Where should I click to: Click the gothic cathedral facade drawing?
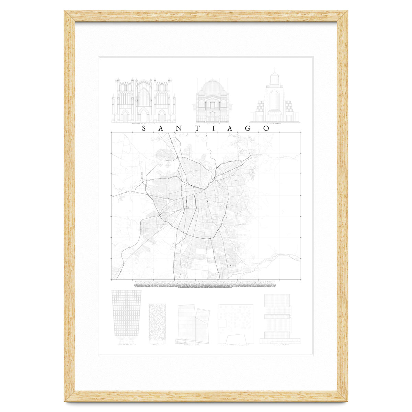click(144, 100)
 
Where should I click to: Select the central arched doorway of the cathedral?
click(144, 115)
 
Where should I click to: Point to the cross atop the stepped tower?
click(274, 72)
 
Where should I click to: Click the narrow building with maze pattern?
click(158, 322)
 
